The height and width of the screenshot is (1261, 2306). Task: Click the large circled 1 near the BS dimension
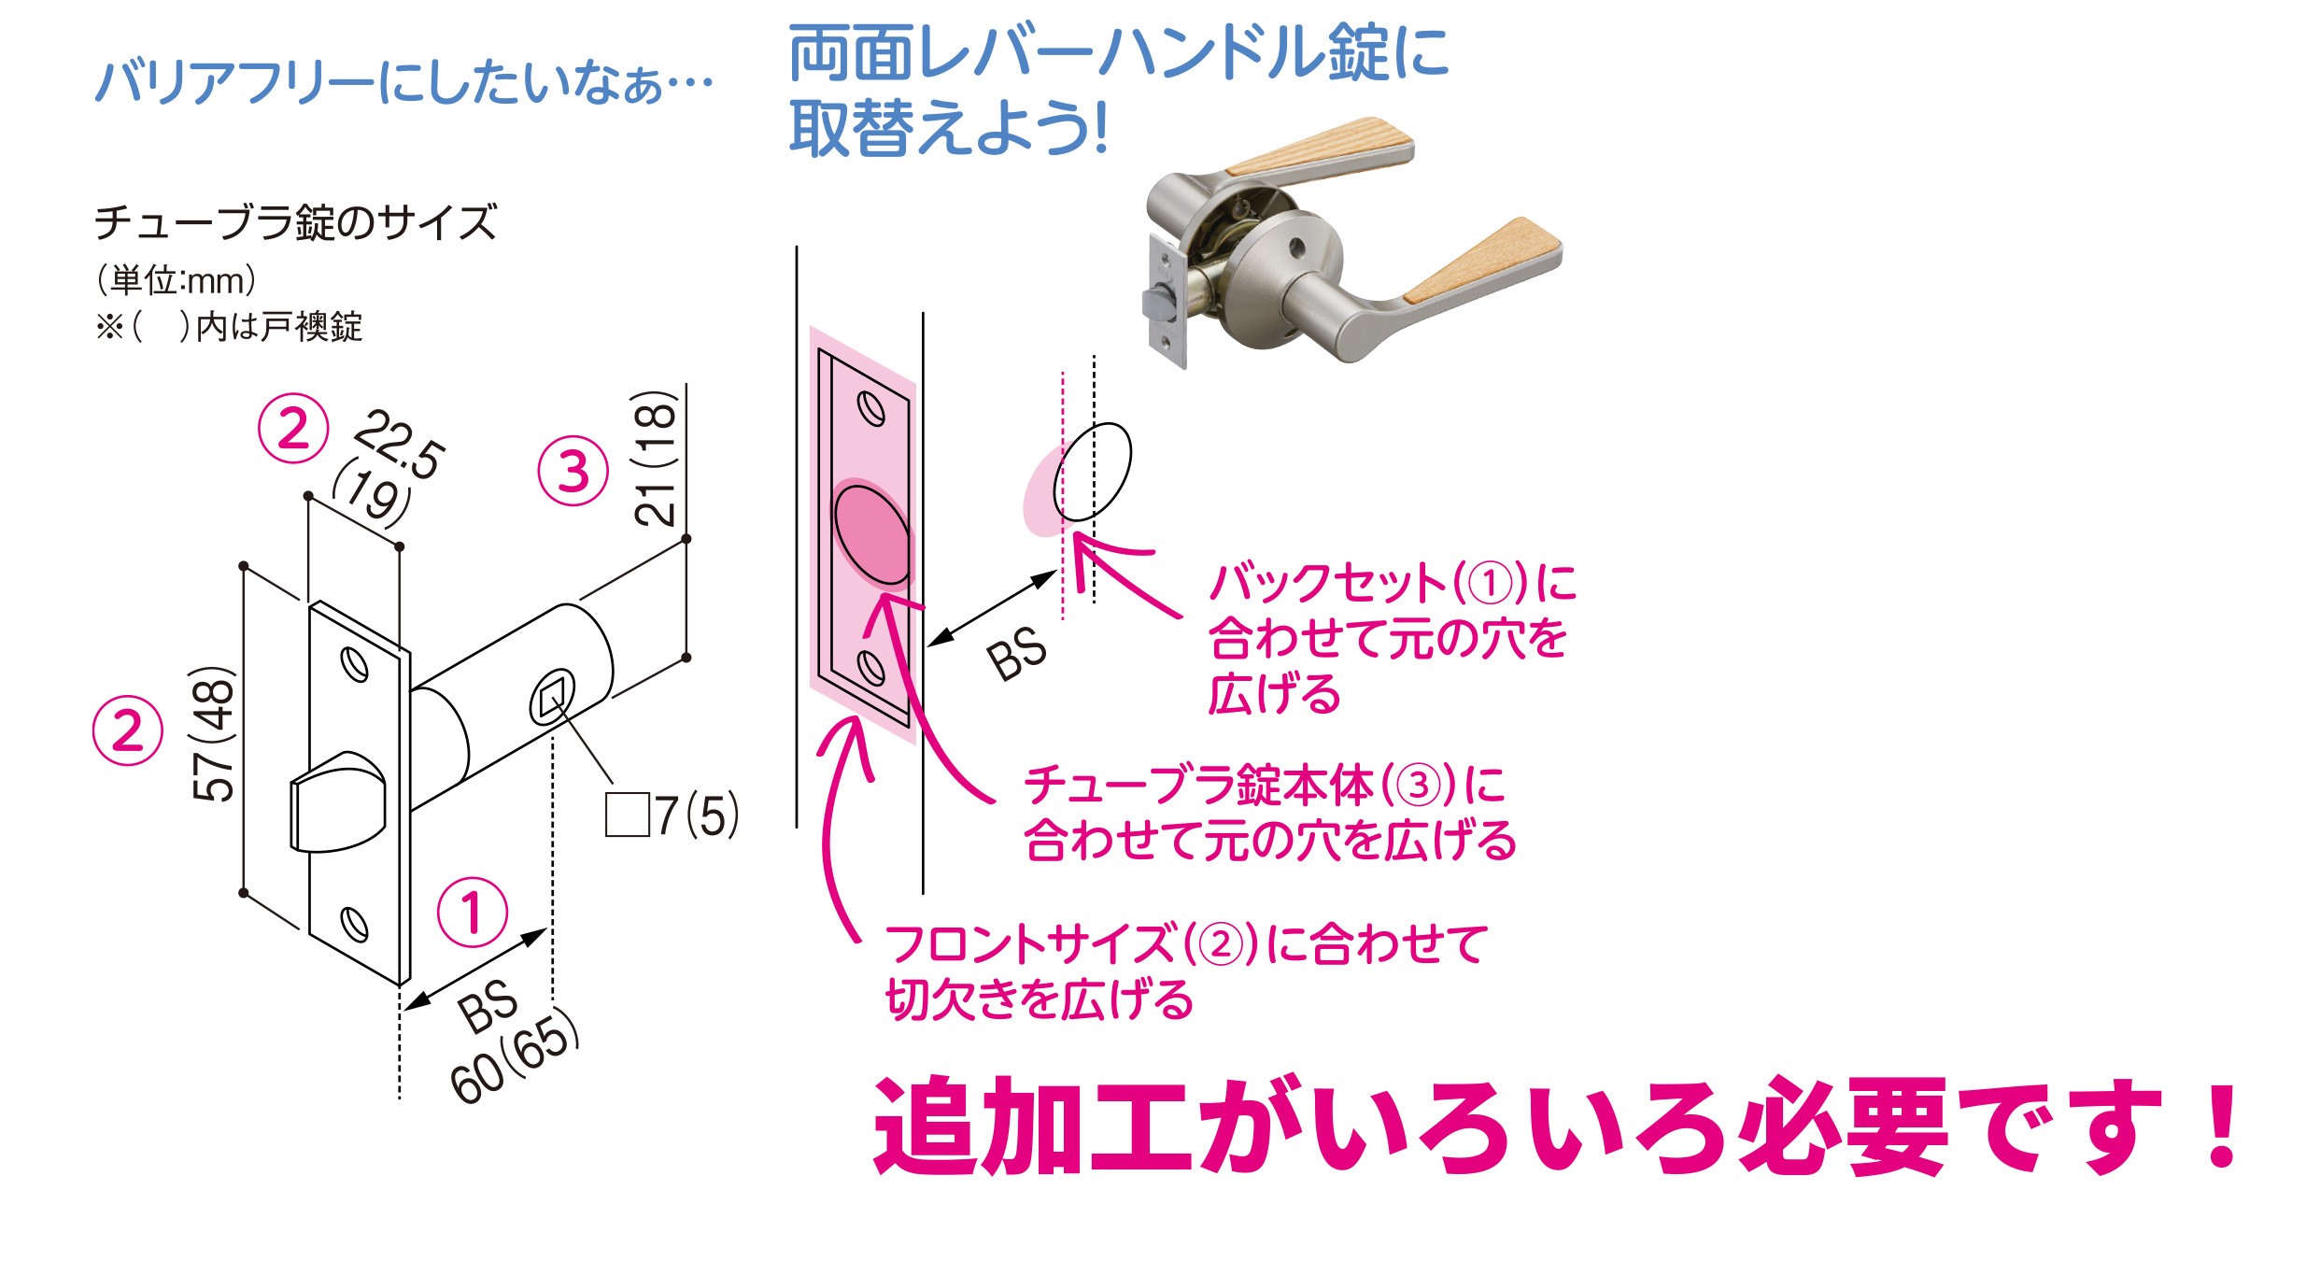(473, 912)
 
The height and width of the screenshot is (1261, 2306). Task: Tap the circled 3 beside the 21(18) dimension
(573, 471)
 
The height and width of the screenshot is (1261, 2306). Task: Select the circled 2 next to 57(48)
(128, 730)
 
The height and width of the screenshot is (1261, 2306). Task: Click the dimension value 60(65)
(514, 1057)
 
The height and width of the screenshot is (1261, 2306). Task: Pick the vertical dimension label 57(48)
(214, 732)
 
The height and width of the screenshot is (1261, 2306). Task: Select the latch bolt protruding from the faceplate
(337, 801)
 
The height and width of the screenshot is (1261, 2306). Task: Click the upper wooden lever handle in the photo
(1319, 148)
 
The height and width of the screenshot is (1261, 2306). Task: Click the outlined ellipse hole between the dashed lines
(1092, 472)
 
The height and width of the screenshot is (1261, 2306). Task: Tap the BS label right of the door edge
(1018, 653)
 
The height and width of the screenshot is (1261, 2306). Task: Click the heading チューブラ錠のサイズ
(296, 222)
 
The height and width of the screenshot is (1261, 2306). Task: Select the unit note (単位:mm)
(177, 280)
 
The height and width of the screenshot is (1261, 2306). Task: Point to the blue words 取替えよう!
(948, 128)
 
